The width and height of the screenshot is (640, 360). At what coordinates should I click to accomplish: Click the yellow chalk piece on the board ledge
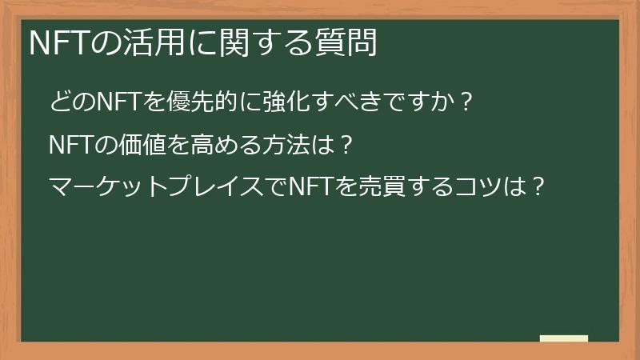click(x=563, y=338)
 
